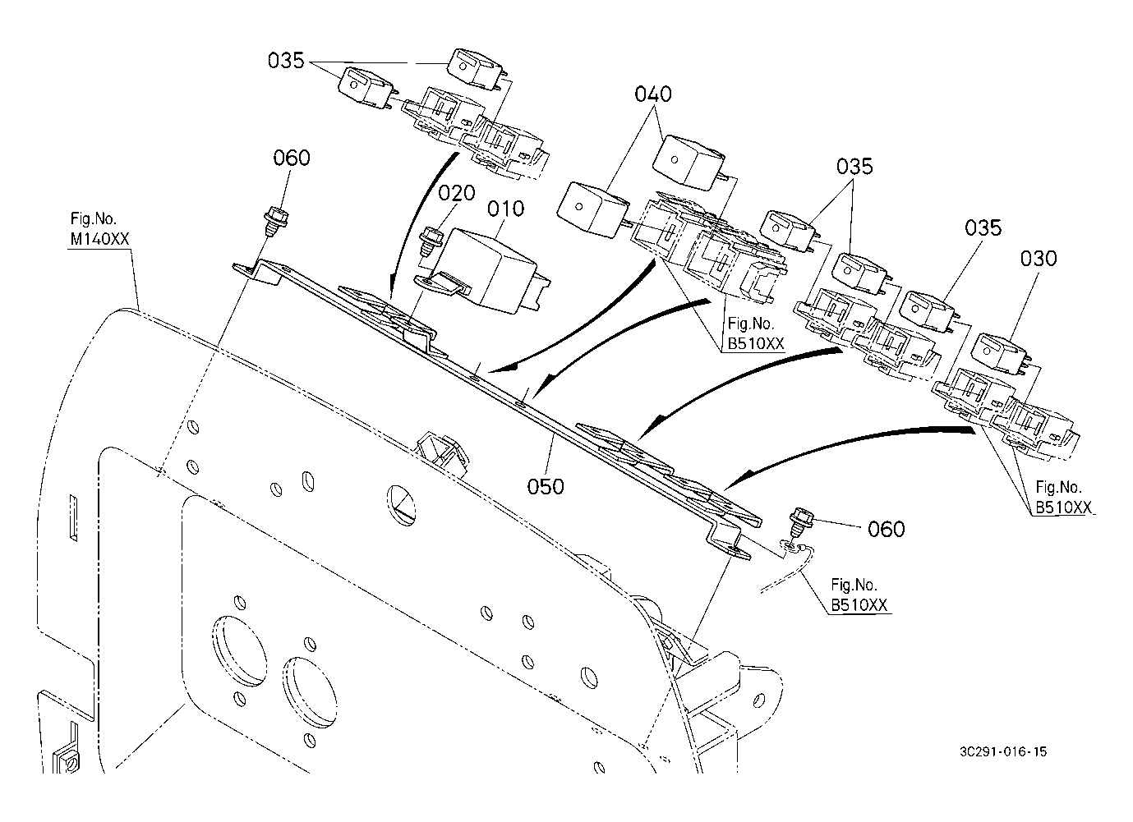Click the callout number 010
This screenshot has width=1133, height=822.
[x=505, y=209]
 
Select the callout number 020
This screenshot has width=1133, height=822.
[x=457, y=193]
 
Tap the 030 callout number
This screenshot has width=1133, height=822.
[x=1039, y=259]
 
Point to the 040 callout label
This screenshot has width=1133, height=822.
[x=653, y=94]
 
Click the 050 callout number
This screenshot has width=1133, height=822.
[x=546, y=487]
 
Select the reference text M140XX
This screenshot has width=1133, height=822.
[x=99, y=239]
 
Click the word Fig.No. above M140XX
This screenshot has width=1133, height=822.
[x=93, y=219]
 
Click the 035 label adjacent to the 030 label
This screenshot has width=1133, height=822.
[x=983, y=228]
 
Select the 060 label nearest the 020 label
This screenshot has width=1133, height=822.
[x=292, y=158]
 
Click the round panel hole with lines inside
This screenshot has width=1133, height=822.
[x=400, y=506]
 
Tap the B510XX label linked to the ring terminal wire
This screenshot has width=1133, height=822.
[x=859, y=605]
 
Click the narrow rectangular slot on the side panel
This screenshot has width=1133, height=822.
[x=73, y=518]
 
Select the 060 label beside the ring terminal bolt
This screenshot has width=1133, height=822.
[x=887, y=530]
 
